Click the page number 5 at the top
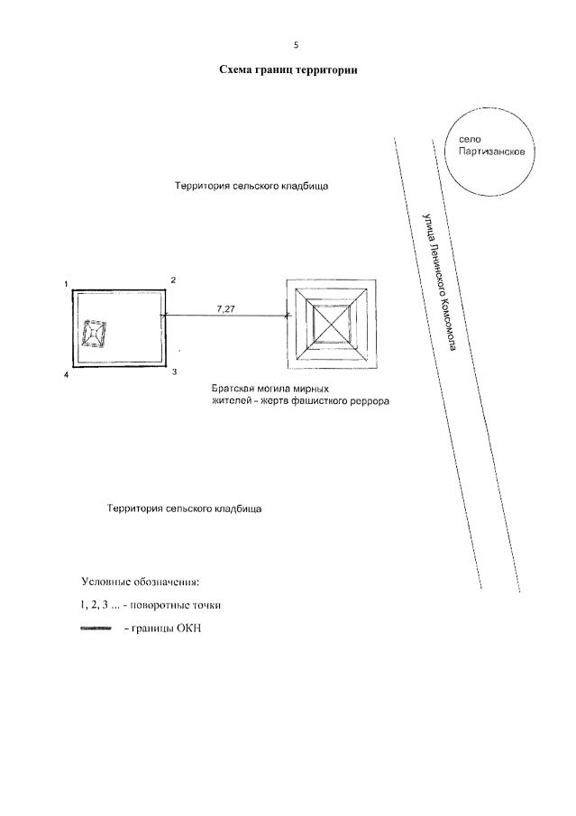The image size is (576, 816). click(x=295, y=45)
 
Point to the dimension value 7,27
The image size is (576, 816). click(x=227, y=308)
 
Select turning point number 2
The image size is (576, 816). click(x=173, y=280)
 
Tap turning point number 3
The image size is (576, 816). click(x=174, y=371)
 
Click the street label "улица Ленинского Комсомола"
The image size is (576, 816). click(x=438, y=282)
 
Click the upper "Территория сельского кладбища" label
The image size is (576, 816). click(x=251, y=188)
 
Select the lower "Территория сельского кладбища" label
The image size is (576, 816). click(x=184, y=509)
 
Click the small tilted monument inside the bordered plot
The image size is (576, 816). click(x=94, y=334)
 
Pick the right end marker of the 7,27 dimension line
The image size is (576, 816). click(x=288, y=316)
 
